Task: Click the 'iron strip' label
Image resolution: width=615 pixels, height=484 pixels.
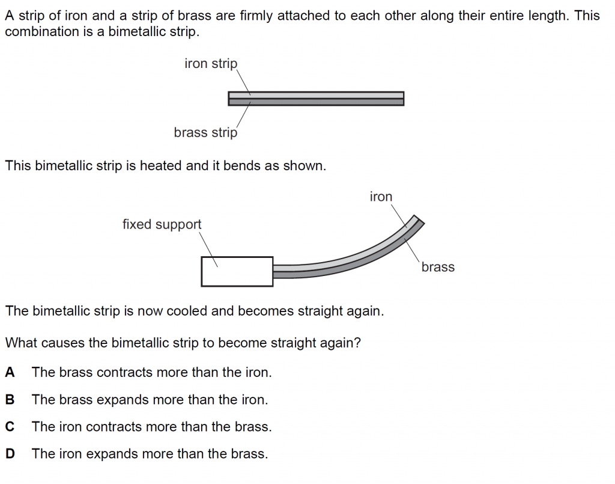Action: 211,64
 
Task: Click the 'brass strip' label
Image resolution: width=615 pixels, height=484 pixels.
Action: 205,132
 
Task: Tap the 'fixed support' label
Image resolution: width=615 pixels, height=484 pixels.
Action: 162,224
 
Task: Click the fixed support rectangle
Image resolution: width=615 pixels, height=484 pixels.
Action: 237,271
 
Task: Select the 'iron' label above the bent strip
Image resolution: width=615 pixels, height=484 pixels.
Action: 381,197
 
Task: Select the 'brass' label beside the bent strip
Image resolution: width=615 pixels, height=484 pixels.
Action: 438,267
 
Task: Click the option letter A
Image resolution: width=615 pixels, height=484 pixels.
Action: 10,372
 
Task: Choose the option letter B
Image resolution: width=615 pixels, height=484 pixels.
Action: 10,399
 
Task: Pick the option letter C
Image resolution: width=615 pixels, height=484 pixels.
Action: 10,427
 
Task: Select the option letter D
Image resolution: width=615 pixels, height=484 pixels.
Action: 10,454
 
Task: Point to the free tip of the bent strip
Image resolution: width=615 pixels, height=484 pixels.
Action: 419,219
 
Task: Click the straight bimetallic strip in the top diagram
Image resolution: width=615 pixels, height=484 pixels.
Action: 316,99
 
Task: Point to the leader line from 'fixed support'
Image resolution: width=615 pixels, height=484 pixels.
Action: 208,248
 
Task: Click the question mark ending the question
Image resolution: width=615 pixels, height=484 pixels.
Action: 358,343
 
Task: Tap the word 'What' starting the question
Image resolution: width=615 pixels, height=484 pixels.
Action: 20,343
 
